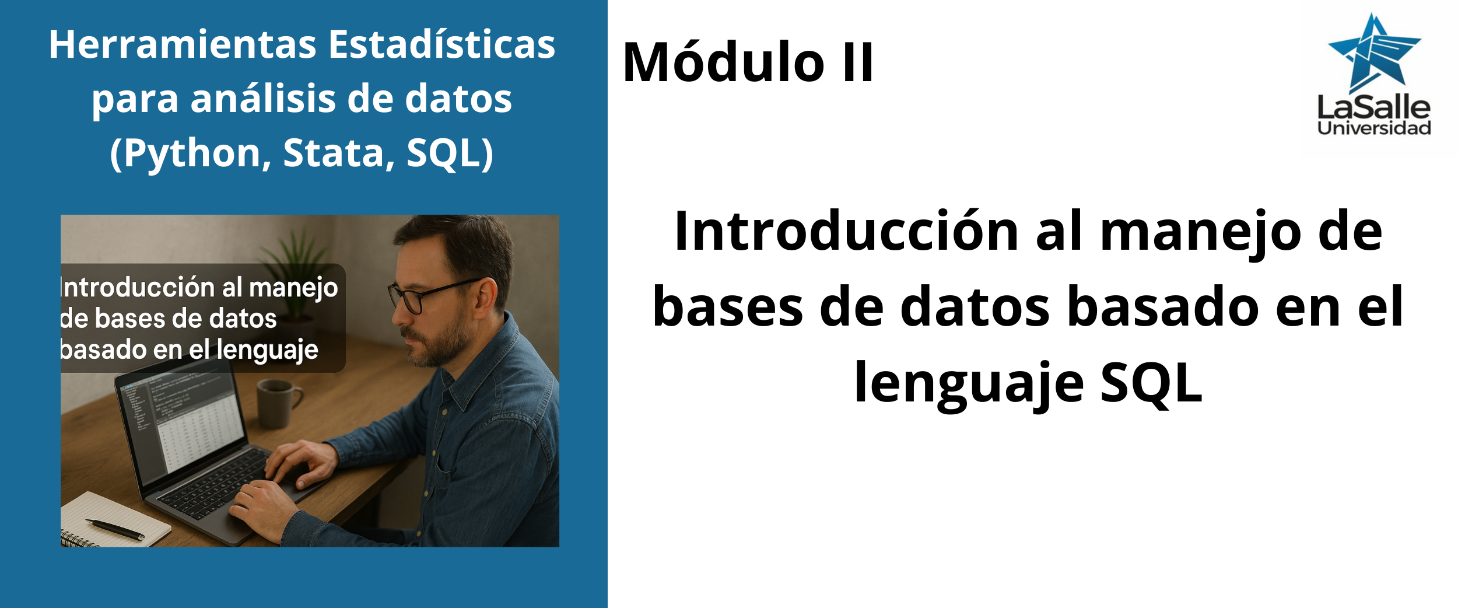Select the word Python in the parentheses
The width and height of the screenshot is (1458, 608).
[x=192, y=155]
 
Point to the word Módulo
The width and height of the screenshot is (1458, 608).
[x=724, y=61]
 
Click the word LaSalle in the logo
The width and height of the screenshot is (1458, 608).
[x=1374, y=108]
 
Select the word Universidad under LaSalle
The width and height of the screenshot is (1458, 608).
[x=1374, y=128]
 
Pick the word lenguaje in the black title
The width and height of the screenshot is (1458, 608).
[x=969, y=383]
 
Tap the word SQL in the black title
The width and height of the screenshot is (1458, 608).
[x=1151, y=383]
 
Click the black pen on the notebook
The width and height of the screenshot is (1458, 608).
[x=115, y=529]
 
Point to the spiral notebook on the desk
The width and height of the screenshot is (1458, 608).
[x=114, y=520]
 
